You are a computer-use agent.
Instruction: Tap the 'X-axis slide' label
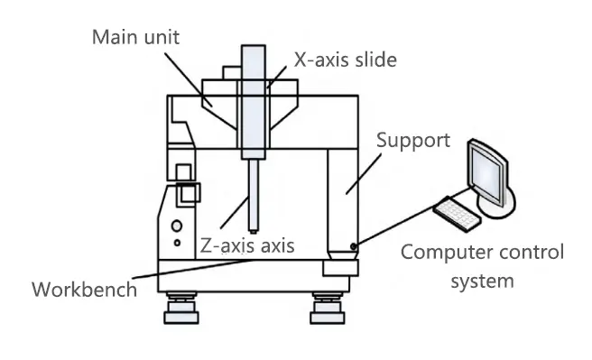(346, 60)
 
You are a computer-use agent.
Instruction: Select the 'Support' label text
(412, 140)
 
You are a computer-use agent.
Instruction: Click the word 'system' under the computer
(482, 281)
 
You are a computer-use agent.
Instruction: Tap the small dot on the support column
(355, 245)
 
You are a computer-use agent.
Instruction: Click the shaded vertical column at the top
(254, 90)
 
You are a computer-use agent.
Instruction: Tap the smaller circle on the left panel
(177, 243)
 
